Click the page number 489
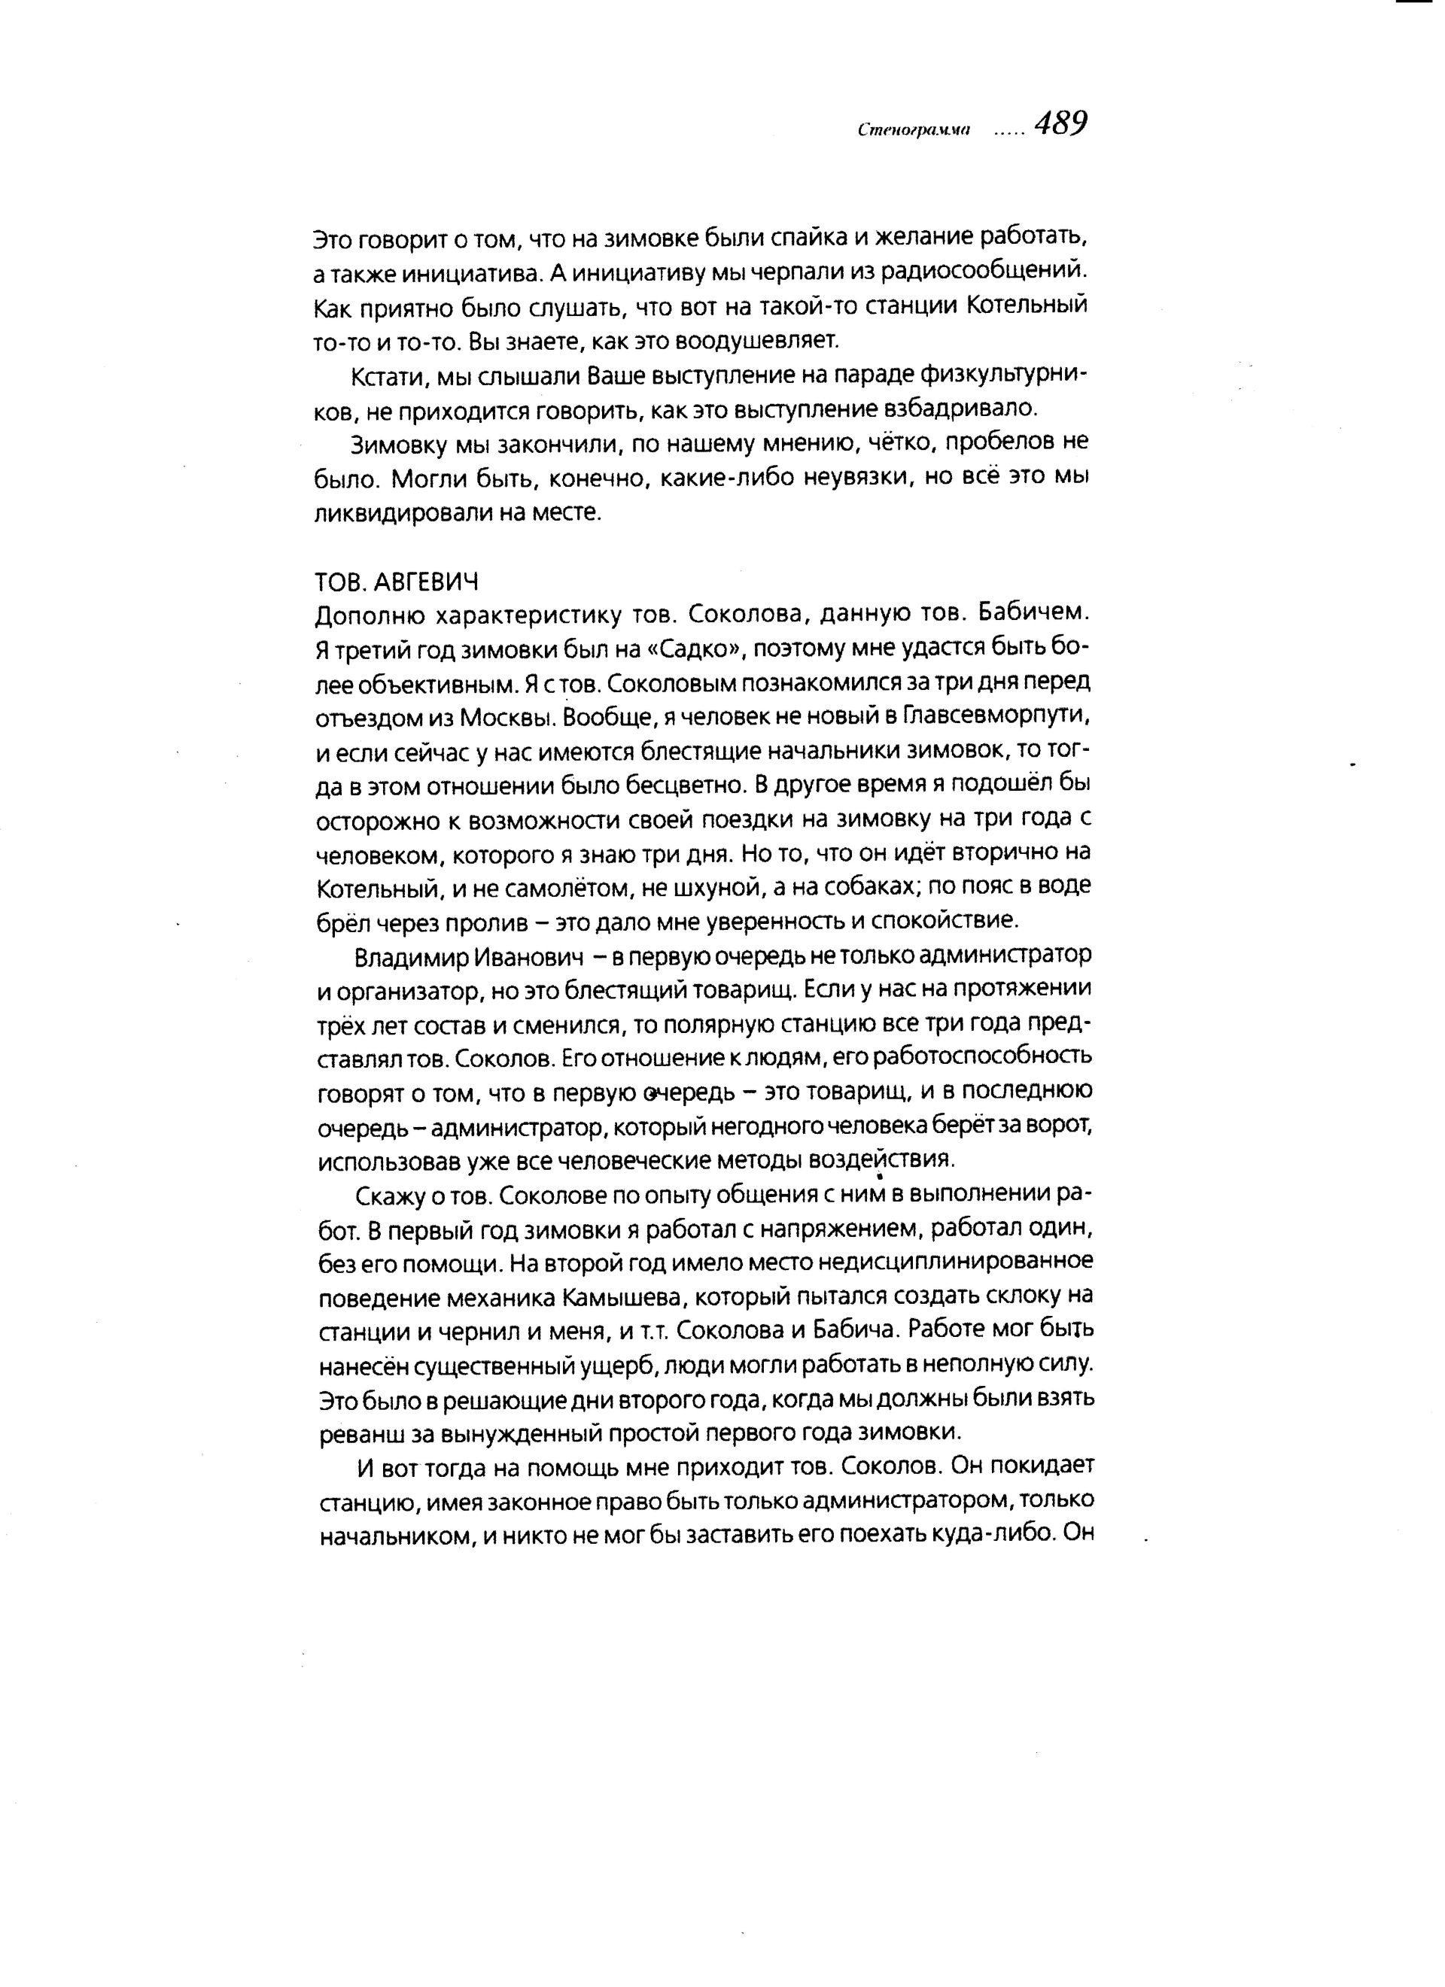(x=1060, y=124)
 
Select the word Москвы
(x=508, y=718)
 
